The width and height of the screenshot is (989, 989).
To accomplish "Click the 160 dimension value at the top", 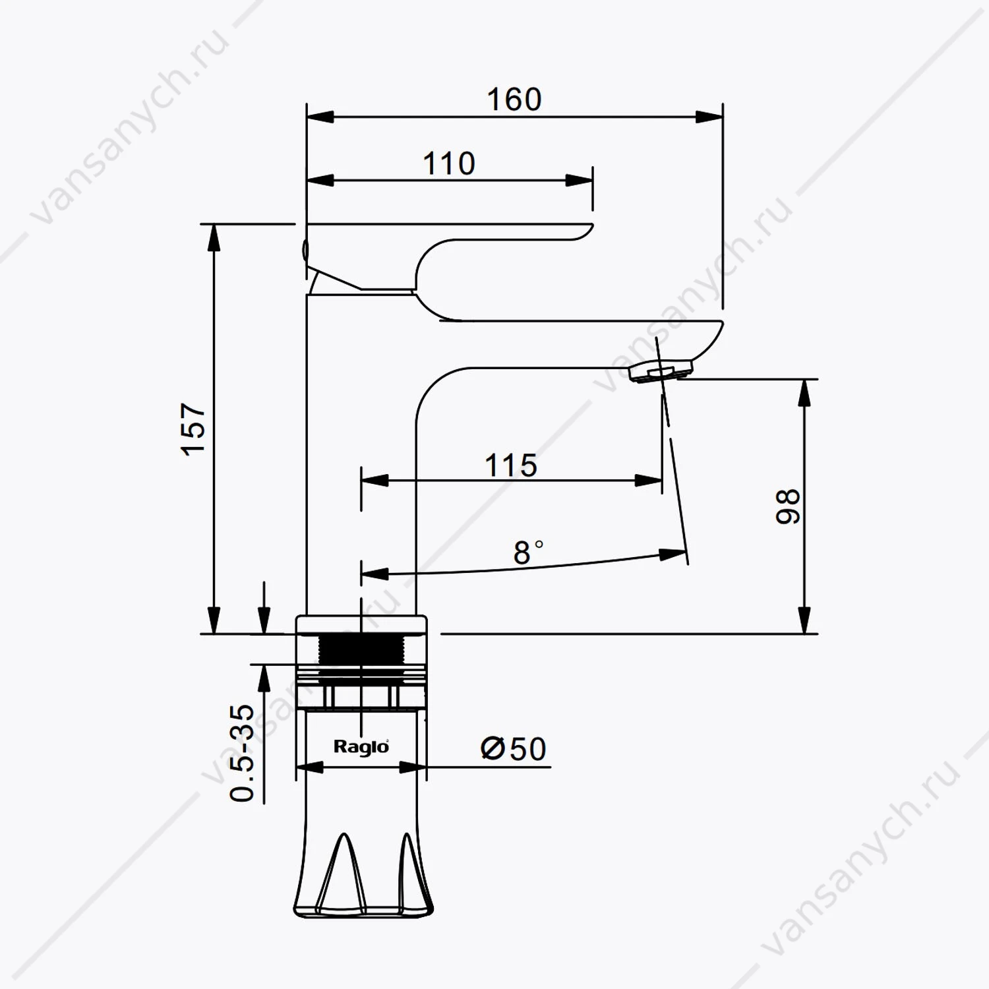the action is (514, 100).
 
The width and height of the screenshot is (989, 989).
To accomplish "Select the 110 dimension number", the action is (449, 164).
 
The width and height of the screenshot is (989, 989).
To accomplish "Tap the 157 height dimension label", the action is (194, 429).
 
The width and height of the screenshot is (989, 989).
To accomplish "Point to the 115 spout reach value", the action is (511, 465).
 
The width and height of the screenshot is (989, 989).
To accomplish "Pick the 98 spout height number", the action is (788, 506).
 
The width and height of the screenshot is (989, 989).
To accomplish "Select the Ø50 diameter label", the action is (514, 748).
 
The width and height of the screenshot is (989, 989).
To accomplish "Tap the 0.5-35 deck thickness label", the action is (242, 753).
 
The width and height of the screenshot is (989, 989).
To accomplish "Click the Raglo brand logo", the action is (361, 746).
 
